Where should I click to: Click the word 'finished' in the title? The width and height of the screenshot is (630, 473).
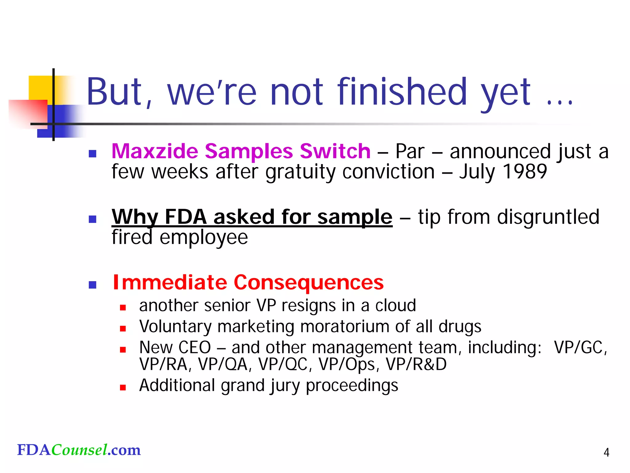coord(402,92)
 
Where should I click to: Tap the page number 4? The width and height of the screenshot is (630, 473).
coord(606,452)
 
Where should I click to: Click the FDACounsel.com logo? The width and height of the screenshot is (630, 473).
coord(79,450)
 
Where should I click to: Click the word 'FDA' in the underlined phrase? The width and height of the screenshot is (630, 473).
coord(185,217)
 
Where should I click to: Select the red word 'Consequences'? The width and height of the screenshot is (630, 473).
coord(309,282)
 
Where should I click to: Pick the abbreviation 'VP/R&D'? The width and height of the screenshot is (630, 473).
coord(416,364)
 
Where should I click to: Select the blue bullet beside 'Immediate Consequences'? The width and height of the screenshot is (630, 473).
coord(93,285)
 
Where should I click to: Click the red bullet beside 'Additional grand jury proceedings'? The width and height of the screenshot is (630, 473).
coord(123,388)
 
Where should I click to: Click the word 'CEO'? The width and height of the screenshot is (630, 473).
coord(194,348)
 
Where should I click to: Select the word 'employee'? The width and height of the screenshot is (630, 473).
coord(204,237)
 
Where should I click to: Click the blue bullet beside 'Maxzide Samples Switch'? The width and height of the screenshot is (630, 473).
coord(93,153)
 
